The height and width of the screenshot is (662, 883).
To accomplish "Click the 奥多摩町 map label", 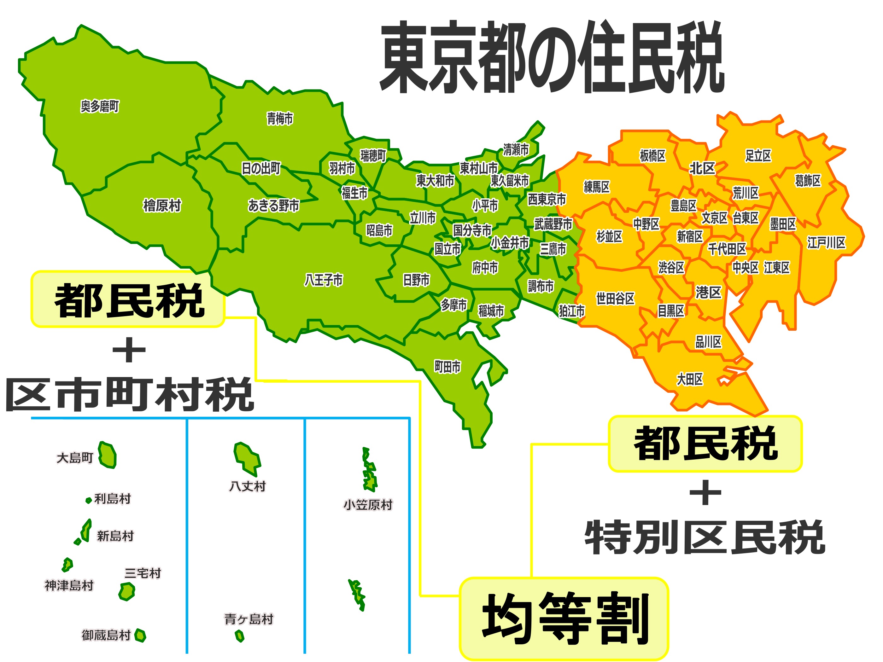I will click(100, 107).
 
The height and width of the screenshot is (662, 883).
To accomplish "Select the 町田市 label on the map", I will click(447, 366).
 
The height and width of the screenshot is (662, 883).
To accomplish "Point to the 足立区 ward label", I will click(758, 156).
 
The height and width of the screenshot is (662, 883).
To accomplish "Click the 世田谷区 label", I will click(615, 298).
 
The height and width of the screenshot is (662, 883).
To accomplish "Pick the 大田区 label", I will click(690, 379).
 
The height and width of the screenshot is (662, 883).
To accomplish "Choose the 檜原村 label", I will click(162, 206).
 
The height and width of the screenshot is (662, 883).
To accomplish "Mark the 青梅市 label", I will click(280, 119).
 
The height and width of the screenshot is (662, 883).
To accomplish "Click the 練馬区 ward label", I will click(597, 187).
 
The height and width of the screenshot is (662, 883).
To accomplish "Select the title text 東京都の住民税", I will click(552, 58).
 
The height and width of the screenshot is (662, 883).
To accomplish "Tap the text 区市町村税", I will click(130, 395).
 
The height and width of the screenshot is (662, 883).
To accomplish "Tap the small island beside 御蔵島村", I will click(140, 635).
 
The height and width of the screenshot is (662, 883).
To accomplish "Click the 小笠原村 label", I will click(368, 505).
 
